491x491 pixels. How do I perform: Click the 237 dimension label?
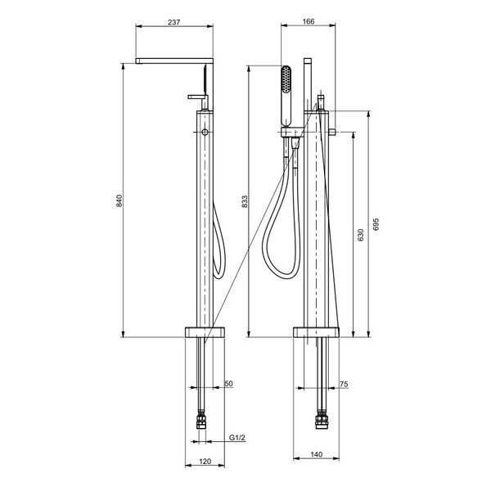click(174, 22)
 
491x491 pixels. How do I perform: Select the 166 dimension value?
click(309, 21)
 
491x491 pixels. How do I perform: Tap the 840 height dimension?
click(119, 200)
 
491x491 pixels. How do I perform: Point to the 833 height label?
click(245, 201)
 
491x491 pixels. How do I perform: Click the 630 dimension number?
click(361, 235)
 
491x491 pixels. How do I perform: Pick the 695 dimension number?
click(376, 224)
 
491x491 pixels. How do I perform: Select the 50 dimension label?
click(228, 384)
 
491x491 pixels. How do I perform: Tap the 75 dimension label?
click(344, 384)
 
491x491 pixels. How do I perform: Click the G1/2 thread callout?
click(237, 438)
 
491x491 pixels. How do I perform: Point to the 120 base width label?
click(205, 462)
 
